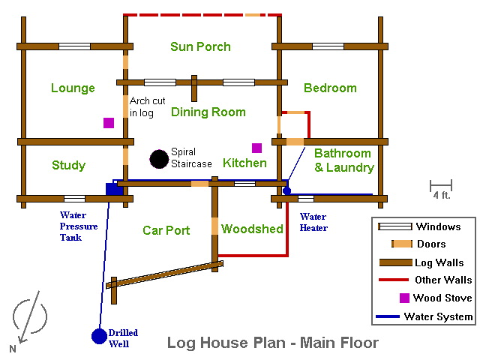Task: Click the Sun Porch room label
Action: click(200, 46)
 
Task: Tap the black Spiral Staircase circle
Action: click(158, 159)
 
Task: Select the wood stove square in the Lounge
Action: click(109, 123)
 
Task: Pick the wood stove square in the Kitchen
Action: click(256, 148)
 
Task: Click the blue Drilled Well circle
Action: click(99, 337)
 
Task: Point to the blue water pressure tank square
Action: click(114, 188)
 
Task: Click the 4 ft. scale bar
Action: click(440, 184)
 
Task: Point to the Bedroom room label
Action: click(330, 88)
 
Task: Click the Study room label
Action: click(68, 165)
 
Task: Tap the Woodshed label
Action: click(252, 229)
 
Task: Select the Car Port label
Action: click(166, 230)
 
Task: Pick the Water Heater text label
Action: click(313, 222)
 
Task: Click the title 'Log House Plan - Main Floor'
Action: click(272, 343)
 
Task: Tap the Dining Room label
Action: click(208, 112)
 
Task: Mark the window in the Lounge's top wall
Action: click(74, 46)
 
